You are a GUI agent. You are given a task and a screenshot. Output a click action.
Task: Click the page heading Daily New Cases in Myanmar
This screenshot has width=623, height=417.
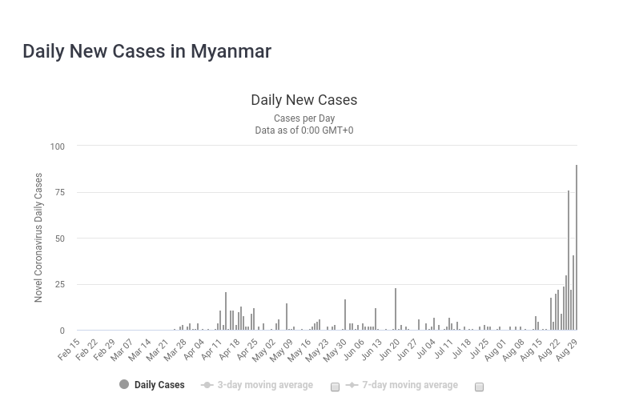pos(147,51)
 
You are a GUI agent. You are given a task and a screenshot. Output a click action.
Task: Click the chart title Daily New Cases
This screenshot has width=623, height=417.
pos(303,100)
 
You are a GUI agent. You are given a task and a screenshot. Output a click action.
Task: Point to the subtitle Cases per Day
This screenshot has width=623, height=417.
pos(303,118)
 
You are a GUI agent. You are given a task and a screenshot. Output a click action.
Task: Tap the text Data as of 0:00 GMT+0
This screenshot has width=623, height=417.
pos(303,130)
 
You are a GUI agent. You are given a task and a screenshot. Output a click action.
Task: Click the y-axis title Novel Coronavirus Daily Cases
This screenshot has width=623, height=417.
pos(38,238)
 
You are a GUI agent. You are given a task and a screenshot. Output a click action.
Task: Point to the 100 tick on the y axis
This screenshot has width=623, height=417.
pos(57,146)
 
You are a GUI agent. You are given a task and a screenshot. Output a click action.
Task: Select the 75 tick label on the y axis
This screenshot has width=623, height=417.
pos(58,193)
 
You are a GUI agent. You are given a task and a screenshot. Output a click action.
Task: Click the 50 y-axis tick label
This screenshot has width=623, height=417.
pos(58,239)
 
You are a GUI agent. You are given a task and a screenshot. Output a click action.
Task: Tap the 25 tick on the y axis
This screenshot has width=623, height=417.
pos(58,285)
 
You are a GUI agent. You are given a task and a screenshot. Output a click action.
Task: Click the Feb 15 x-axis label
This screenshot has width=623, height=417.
pos(70,350)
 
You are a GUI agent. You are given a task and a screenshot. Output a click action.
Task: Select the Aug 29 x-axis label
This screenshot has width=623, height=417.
pos(568,350)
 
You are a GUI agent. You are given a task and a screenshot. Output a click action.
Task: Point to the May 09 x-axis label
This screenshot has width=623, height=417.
pos(283,350)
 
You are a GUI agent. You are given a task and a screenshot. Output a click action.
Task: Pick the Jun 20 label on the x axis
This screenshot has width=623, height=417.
pos(390,350)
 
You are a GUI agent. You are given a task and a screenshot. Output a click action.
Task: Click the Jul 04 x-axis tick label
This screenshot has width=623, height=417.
pos(426,350)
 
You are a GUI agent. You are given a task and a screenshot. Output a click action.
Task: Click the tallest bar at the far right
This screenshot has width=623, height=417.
pos(577,248)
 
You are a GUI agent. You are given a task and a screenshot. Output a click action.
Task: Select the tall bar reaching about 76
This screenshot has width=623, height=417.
pos(569,260)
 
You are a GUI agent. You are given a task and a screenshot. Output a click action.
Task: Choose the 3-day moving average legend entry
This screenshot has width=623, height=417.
pos(265,385)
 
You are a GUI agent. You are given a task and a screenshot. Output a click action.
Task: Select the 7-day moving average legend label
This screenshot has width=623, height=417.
pos(409,385)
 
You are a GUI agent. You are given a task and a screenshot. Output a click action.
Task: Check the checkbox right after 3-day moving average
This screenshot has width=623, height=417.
pos(336,387)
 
